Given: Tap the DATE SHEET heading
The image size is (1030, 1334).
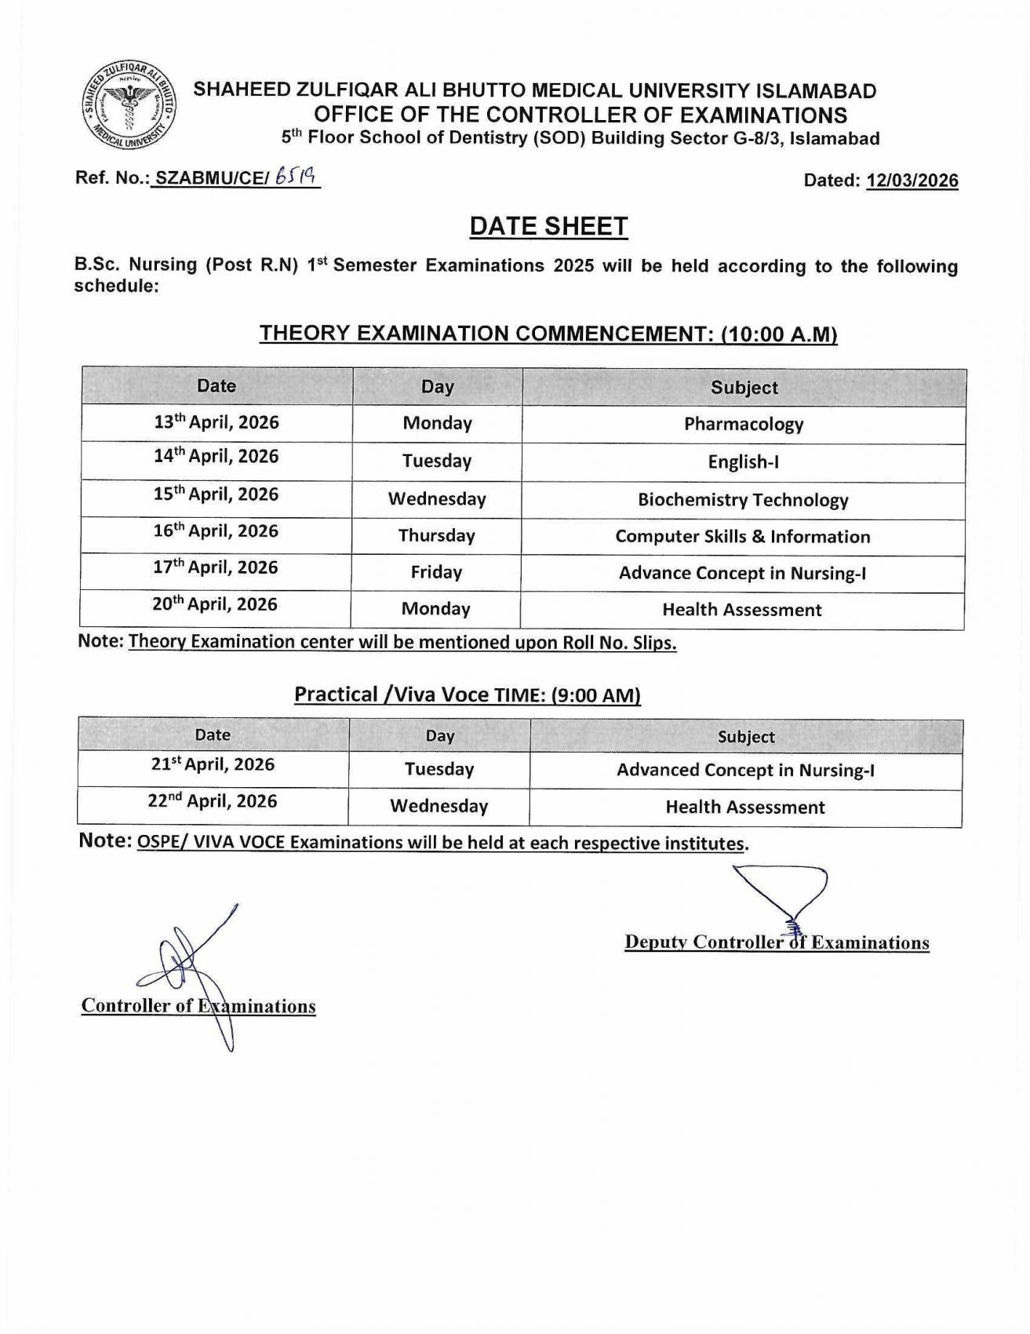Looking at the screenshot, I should tap(548, 227).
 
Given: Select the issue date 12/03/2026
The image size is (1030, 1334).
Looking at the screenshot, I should tap(912, 180).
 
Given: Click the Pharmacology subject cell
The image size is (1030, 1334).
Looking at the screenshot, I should tap(744, 425).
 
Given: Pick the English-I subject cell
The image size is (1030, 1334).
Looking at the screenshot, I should tap(743, 462).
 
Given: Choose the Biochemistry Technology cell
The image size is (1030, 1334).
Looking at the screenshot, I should tap(743, 500).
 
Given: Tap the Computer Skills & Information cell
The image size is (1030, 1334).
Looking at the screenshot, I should tap(743, 537).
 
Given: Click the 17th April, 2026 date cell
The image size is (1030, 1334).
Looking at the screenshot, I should tap(216, 568).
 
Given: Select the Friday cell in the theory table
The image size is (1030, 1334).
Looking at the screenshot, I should tap(436, 573).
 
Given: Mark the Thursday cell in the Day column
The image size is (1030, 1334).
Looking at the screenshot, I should tap(436, 536).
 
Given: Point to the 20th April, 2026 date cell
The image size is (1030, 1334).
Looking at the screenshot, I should tap(216, 605).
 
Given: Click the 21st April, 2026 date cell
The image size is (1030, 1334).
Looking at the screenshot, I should tap(213, 765).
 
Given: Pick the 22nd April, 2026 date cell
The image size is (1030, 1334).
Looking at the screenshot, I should tap(213, 802).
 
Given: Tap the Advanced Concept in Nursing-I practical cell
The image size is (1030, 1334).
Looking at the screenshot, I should tap(745, 771).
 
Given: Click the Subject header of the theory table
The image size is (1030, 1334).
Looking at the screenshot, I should tap(744, 388).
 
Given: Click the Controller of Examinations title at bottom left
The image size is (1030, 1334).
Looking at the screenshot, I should tap(198, 1006).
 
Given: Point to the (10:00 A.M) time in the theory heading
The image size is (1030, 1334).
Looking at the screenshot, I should tap(778, 334).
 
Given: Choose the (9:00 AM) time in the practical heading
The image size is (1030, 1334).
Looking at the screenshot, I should tap(596, 696).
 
